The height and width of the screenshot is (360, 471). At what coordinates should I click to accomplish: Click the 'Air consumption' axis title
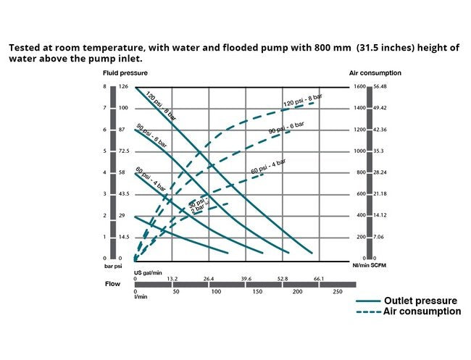376,73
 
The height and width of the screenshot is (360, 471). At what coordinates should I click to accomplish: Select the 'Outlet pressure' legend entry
420,301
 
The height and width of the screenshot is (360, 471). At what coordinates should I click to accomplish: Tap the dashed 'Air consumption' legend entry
422,311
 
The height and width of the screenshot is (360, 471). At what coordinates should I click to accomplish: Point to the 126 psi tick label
123,87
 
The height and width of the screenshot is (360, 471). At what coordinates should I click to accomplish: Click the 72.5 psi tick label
124,151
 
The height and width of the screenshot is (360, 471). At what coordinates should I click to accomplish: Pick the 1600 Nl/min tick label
359,87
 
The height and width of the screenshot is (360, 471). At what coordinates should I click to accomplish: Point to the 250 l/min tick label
337,291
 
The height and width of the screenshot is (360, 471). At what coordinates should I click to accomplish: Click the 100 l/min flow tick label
216,291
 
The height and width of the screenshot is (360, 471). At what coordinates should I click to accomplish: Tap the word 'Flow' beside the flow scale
113,285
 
